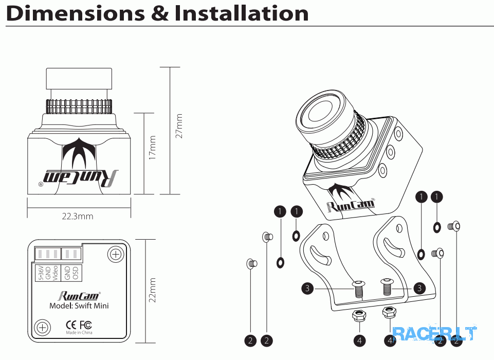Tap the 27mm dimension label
[179, 126]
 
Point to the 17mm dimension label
[152, 148]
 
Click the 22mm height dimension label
[152, 291]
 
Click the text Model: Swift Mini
[79, 305]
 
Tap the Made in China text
[79, 332]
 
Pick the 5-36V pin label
[40, 273]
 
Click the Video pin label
[54, 273]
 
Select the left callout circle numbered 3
[307, 289]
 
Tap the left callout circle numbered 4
[359, 340]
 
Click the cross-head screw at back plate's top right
[116, 254]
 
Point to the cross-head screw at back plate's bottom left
[42, 327]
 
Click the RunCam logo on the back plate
[79, 296]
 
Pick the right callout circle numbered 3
[419, 289]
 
